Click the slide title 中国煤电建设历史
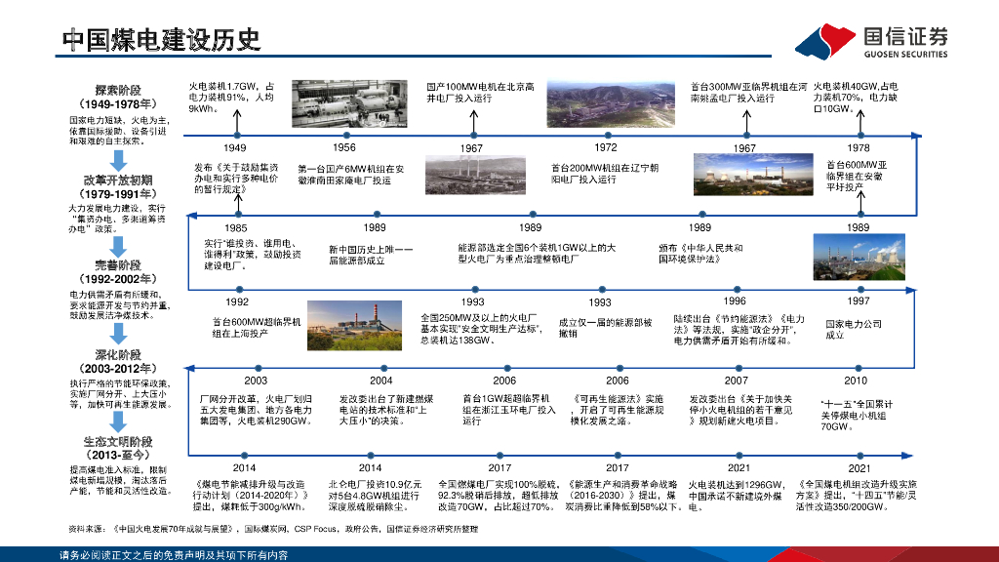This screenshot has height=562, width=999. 161,39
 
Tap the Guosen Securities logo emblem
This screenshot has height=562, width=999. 825,41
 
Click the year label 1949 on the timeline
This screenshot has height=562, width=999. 234,147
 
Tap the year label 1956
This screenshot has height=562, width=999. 344,147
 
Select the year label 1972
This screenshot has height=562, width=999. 606,147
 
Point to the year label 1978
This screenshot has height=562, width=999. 859,147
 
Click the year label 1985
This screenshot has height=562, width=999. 235,227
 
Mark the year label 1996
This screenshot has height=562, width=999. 735,301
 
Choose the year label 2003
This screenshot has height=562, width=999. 256,381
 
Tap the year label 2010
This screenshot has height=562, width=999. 855,381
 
